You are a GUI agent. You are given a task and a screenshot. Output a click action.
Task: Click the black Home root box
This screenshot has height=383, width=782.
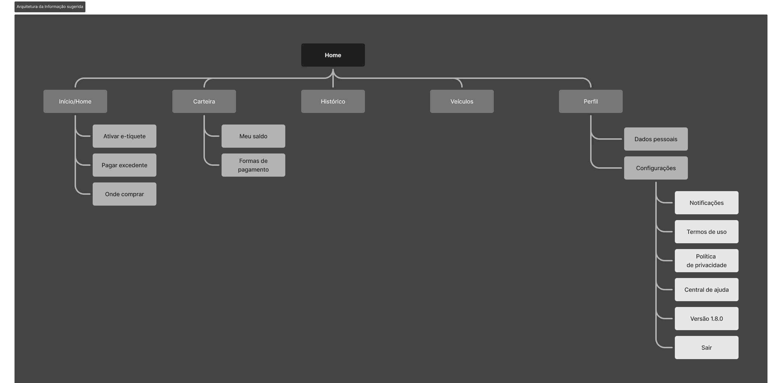click(x=333, y=55)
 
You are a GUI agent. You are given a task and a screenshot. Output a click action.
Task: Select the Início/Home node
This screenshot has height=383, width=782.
click(x=75, y=101)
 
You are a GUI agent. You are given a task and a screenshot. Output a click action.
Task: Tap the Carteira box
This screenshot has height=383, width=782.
click(x=204, y=101)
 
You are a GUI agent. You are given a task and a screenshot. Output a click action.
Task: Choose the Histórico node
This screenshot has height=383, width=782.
click(x=333, y=101)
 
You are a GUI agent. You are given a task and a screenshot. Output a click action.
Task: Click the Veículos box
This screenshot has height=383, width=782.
click(x=462, y=101)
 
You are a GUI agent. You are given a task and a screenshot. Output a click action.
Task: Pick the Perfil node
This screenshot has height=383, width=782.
click(x=590, y=101)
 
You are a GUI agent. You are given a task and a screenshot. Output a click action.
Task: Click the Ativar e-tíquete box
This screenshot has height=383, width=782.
click(x=124, y=136)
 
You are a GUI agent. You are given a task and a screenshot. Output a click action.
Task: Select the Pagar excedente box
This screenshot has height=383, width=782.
click(x=124, y=165)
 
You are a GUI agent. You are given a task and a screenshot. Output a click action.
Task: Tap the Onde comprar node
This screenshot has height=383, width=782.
click(x=124, y=194)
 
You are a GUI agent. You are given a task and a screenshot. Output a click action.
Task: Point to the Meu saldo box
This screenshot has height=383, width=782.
click(x=253, y=136)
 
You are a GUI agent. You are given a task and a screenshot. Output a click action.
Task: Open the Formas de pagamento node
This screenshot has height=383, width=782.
click(x=253, y=165)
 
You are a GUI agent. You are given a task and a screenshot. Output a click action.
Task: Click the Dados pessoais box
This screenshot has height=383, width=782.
click(x=656, y=139)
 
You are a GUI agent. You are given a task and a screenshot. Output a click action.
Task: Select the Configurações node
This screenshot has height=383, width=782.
click(x=656, y=168)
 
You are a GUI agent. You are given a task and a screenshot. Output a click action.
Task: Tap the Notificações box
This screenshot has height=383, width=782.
click(x=706, y=203)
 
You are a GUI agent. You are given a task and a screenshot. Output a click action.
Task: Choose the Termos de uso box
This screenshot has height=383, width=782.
click(x=706, y=232)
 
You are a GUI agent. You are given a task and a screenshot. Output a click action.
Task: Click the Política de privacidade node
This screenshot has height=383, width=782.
click(x=706, y=261)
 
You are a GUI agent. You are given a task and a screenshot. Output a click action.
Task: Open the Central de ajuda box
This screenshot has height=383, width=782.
click(x=706, y=290)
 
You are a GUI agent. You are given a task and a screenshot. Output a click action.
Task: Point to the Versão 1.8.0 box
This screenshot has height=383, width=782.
click(x=706, y=319)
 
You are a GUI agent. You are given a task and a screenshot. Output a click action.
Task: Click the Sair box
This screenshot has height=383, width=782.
click(x=706, y=348)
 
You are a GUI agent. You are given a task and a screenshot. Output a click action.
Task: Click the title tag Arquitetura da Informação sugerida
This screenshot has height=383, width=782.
click(x=50, y=7)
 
